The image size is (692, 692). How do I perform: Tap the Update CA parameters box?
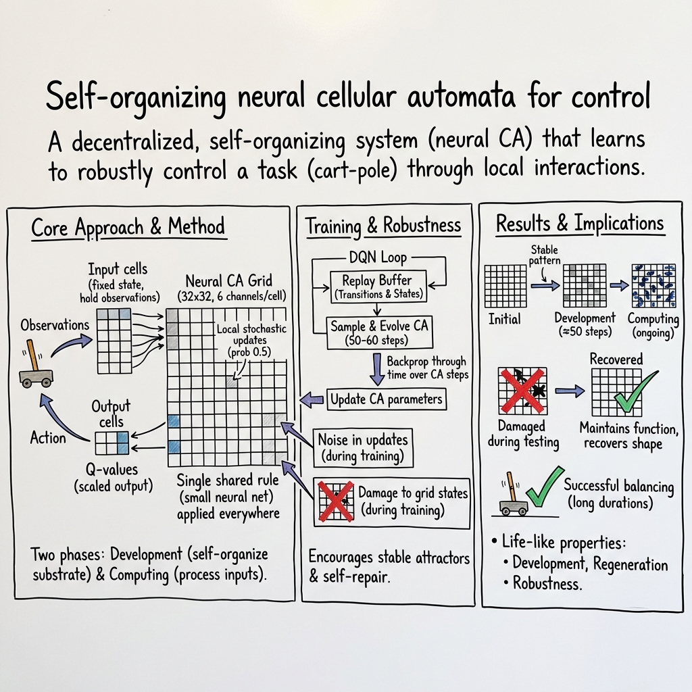386,399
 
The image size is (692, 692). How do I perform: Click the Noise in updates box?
364,448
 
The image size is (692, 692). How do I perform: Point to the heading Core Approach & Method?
128,228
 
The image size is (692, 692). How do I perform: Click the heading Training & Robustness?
383,226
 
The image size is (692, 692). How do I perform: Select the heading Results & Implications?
580,224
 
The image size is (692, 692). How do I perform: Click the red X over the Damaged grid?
521,390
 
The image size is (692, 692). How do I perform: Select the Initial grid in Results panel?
505,287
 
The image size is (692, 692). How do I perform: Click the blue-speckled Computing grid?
653,286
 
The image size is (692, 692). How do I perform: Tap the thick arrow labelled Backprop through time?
375,369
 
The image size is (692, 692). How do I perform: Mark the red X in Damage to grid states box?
336,501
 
